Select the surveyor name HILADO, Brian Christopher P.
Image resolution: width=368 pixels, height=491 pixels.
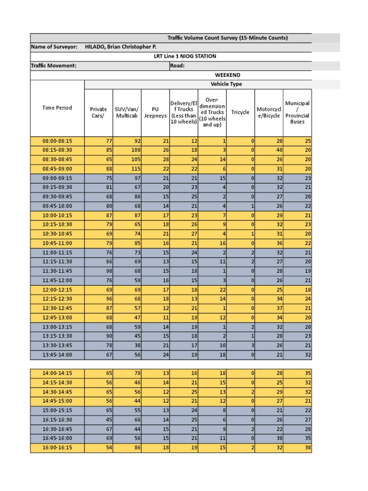click(120, 47)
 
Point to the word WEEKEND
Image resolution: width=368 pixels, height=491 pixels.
click(228, 75)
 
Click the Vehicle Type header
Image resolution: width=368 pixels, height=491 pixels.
click(226, 84)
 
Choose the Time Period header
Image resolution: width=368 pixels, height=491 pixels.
click(57, 108)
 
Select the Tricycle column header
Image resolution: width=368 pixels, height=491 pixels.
click(240, 112)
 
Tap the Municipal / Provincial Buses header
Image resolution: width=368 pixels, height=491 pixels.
click(297, 112)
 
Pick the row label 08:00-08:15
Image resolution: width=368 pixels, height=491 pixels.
click(57, 141)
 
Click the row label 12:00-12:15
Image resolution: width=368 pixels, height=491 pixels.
click(57, 290)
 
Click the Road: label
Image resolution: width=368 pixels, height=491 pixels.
click(177, 66)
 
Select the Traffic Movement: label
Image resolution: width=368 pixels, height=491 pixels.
click(54, 66)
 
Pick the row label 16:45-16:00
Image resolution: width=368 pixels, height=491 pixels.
click(57, 439)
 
